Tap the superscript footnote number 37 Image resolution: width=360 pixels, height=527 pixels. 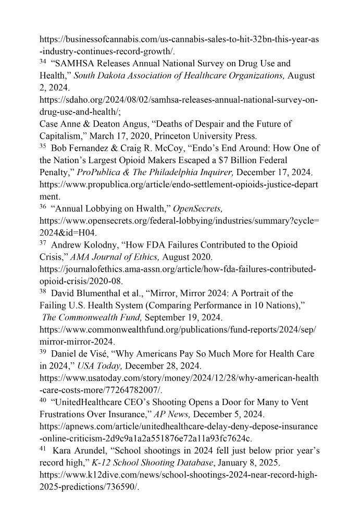coord(43,242)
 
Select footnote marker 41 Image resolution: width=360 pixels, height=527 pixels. coord(43,448)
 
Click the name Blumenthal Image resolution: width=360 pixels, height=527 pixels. coord(100,293)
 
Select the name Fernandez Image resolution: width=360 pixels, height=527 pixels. coord(91,148)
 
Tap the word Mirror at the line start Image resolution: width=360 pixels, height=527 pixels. coord(52,341)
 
